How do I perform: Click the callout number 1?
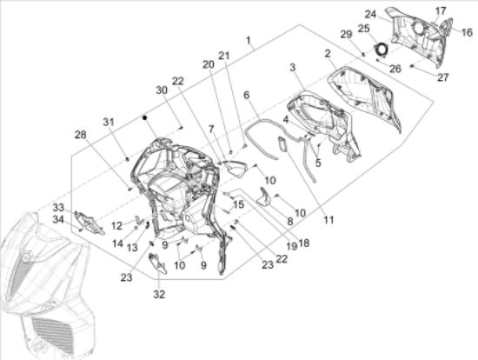tap(249, 40)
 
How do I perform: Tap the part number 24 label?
tap(370, 14)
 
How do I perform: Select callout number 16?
tap(467, 32)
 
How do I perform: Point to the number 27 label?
tap(443, 77)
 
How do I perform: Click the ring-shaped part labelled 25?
tap(381, 49)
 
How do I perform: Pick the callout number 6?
tap(246, 95)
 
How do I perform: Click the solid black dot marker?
tap(145, 117)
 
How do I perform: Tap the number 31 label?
tap(109, 122)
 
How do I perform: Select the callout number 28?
tap(81, 135)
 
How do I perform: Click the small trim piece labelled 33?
tap(89, 223)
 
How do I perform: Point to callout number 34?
tap(58, 219)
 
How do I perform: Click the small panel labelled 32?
tap(157, 264)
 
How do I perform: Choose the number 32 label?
tap(159, 295)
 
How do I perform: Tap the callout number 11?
tap(329, 220)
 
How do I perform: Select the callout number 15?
tap(238, 204)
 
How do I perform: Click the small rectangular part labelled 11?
tap(282, 144)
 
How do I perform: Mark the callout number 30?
tap(162, 90)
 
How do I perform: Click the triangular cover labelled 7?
tap(234, 169)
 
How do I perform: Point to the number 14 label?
tap(117, 243)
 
